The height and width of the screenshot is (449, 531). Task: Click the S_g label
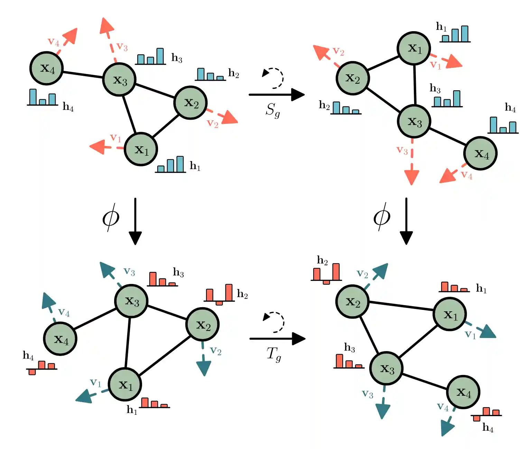click(x=272, y=110)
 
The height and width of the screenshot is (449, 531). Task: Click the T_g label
click(x=273, y=354)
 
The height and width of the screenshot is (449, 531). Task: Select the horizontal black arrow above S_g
click(x=276, y=94)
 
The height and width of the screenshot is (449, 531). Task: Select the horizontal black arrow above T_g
click(x=277, y=339)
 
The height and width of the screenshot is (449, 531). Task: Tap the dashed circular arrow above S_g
click(x=273, y=78)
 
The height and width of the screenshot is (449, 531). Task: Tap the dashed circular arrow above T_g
click(x=274, y=322)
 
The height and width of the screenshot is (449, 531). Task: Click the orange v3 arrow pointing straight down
click(x=412, y=162)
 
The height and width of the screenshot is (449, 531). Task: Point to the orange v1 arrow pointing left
click(x=104, y=147)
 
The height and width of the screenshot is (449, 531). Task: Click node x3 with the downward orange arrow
click(x=414, y=121)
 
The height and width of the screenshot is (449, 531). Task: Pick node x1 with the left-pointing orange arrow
click(x=141, y=149)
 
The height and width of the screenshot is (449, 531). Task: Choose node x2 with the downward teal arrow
click(x=202, y=324)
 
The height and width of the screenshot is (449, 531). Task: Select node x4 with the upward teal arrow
click(x=60, y=339)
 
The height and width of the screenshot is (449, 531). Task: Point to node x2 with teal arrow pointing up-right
click(x=352, y=301)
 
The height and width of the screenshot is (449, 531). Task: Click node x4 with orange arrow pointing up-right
click(x=47, y=68)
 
